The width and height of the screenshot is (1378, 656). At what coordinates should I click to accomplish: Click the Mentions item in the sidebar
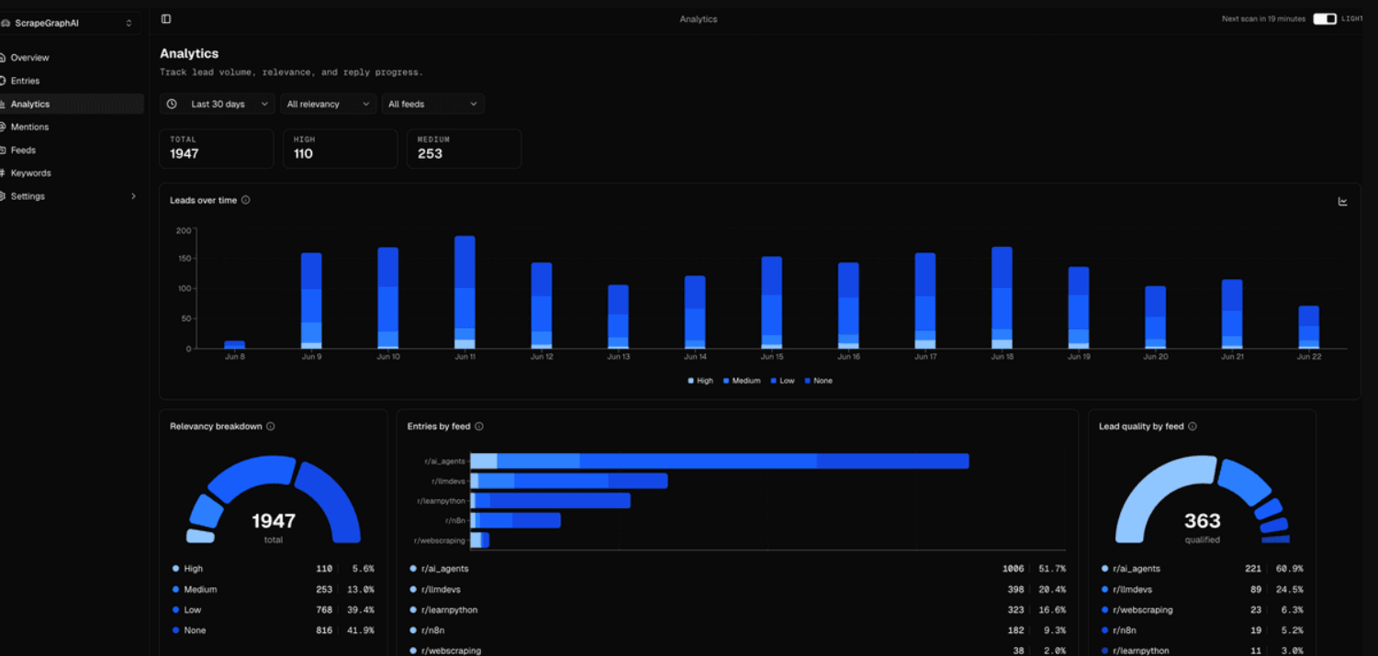[x=29, y=127]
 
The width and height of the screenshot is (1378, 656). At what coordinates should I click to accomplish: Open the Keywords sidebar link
[x=31, y=172]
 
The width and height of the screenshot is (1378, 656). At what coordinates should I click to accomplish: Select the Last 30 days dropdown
[x=218, y=104]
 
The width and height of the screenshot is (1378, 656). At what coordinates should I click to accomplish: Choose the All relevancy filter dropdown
[x=328, y=104]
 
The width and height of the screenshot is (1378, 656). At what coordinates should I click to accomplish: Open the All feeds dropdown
[x=432, y=104]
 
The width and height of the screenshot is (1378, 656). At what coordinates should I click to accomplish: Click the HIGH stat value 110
[x=303, y=154]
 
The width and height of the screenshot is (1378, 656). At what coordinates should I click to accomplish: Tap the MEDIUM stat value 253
[x=430, y=154]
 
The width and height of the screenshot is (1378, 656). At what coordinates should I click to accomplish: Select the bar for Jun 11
[x=465, y=292]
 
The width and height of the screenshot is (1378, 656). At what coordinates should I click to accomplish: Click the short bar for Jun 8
[x=234, y=345]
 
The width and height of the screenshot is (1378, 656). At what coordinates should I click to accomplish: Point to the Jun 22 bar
[x=1308, y=327]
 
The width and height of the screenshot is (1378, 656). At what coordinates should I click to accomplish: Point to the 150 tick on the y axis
[x=185, y=259]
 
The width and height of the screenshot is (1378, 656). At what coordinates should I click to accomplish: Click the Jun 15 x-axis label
[x=772, y=357]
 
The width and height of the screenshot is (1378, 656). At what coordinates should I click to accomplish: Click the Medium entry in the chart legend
[x=742, y=381]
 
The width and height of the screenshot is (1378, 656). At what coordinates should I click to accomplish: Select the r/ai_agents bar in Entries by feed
[x=720, y=461]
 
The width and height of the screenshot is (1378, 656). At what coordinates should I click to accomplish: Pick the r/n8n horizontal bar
[x=516, y=521]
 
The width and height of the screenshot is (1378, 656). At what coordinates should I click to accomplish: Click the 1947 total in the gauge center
[x=274, y=521]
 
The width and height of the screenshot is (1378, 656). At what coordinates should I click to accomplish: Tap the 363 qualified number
[x=1203, y=521]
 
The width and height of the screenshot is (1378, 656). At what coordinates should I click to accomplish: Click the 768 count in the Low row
[x=324, y=610]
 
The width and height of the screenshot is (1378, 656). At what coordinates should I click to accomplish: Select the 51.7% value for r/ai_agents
[x=1053, y=569]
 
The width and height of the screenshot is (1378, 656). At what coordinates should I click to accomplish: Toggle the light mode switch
[x=1325, y=19]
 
